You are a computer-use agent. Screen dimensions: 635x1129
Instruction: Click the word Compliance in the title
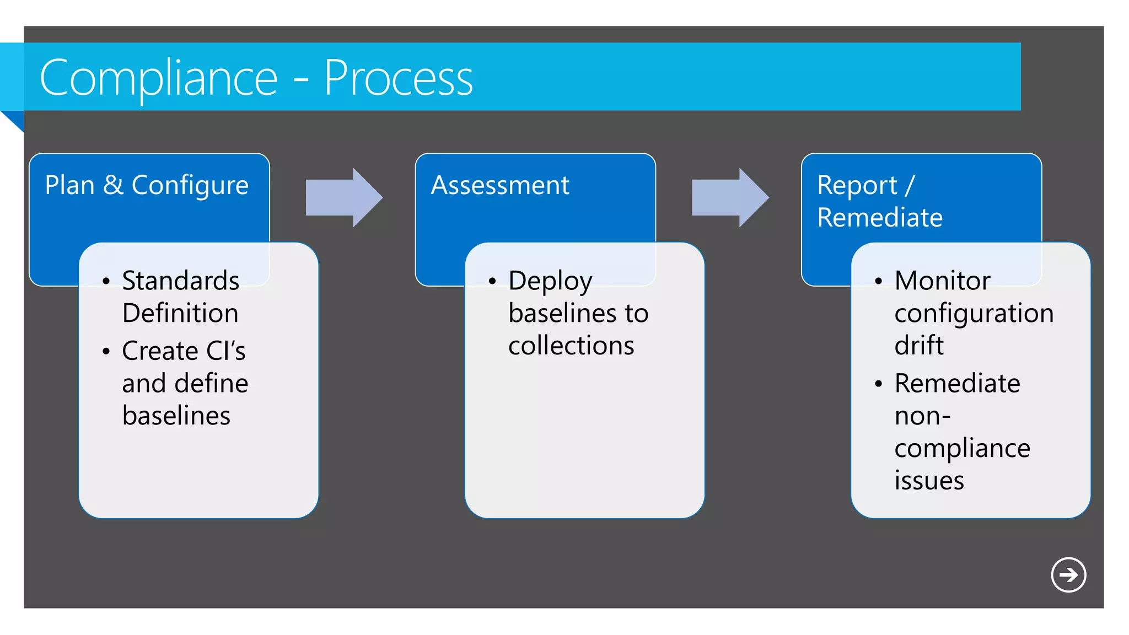coord(159,79)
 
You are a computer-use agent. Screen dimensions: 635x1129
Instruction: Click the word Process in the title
coord(398,79)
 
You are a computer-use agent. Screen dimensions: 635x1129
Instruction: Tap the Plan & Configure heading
coord(147,185)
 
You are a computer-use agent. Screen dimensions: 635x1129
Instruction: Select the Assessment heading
coord(500,185)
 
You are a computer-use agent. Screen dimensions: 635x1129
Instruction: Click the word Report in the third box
coord(857,185)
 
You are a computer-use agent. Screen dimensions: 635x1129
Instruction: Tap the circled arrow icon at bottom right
coord(1068,575)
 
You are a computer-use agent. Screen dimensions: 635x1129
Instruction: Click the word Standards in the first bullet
coord(181,281)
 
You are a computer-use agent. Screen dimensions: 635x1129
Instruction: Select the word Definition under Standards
coord(180,313)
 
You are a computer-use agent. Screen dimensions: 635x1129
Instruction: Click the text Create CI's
coord(184,351)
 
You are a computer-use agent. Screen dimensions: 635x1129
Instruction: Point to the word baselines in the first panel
coord(176,416)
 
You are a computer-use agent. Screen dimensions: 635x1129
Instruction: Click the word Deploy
coord(550,282)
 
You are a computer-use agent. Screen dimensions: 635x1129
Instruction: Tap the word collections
coord(571,346)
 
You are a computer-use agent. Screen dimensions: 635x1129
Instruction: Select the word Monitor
coord(942,281)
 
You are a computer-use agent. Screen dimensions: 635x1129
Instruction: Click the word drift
coord(919,346)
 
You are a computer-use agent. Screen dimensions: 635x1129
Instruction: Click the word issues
coord(929,481)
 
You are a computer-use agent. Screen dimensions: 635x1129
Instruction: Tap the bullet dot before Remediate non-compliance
coord(878,384)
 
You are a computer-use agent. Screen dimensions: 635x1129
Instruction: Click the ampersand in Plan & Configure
coord(113,185)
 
